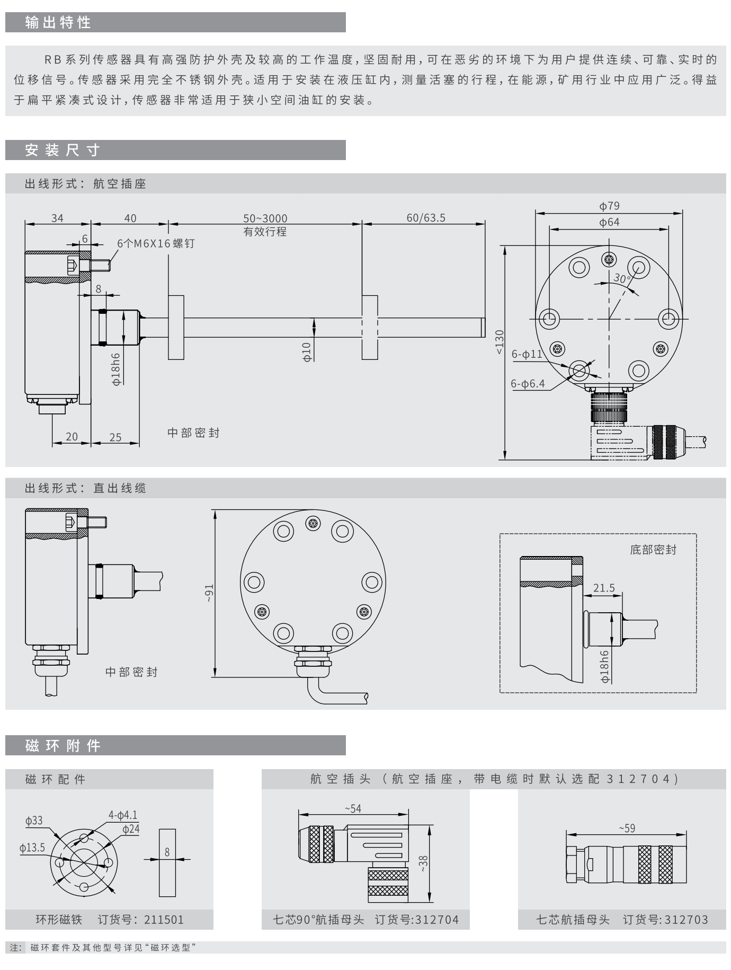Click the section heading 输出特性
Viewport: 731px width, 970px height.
(58, 23)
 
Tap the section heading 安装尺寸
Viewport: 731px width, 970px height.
(63, 151)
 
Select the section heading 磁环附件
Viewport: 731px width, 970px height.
(63, 746)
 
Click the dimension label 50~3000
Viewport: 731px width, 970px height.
(265, 218)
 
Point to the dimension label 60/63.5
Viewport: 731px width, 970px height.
(426, 218)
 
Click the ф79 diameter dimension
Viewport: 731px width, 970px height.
(609, 206)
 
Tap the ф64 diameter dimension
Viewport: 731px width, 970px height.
(609, 222)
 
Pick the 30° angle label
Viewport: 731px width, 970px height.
(622, 278)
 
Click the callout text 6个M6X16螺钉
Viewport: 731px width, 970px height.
(156, 243)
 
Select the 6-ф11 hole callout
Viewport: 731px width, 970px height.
(527, 354)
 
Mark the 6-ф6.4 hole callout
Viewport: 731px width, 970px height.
(528, 384)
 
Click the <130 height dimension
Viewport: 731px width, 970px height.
(500, 342)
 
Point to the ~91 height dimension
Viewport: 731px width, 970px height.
(209, 594)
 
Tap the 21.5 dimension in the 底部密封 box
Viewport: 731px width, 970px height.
(604, 588)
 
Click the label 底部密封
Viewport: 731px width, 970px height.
(653, 550)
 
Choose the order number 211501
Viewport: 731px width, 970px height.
(164, 920)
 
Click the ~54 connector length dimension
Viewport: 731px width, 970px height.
(353, 808)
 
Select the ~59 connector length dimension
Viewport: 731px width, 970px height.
(627, 828)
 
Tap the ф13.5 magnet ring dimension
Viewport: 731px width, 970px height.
(32, 848)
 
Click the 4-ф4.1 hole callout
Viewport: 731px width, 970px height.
(123, 815)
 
